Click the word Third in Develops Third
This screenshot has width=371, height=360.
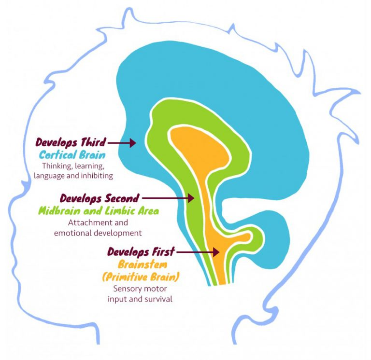pyautogui.click(x=93, y=142)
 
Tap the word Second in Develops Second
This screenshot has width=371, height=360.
pyautogui.click(x=122, y=198)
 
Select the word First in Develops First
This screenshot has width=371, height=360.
pyautogui.click(x=163, y=252)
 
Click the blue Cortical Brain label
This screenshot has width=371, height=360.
pyautogui.click(x=72, y=155)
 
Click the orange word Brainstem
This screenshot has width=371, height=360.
pyautogui.click(x=143, y=264)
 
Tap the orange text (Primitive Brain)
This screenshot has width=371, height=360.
pyautogui.click(x=141, y=277)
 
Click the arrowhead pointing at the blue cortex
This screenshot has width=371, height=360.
pyautogui.click(x=132, y=143)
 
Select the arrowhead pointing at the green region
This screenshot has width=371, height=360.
pyautogui.click(x=191, y=198)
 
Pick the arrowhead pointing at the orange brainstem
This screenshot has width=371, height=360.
pyautogui.click(x=216, y=252)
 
